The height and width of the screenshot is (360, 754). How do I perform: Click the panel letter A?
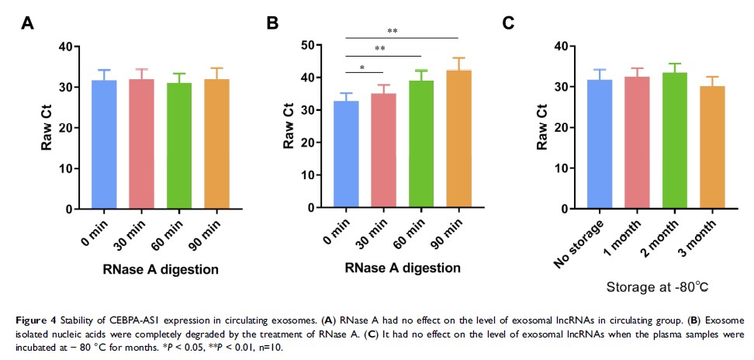[x=27, y=22]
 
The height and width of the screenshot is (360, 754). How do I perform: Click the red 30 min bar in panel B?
[x=384, y=151]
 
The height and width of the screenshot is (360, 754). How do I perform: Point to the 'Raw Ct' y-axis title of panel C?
[x=542, y=128]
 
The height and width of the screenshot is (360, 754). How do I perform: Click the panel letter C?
[x=508, y=22]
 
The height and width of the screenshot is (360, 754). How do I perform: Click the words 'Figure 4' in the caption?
[x=35, y=321]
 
